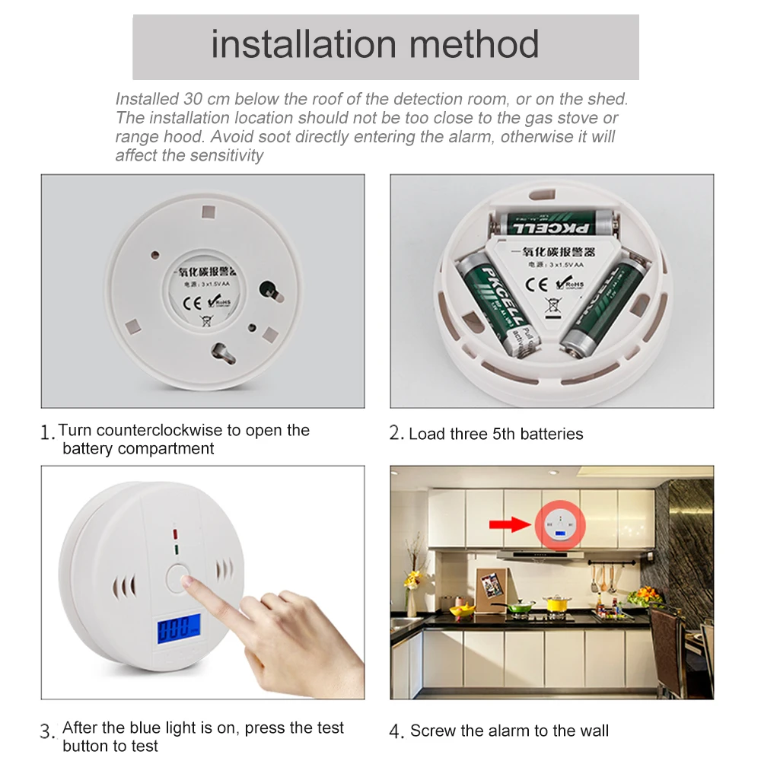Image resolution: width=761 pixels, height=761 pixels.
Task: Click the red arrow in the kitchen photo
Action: click(x=511, y=524)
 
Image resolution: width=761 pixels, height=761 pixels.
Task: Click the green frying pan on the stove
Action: click(x=521, y=607)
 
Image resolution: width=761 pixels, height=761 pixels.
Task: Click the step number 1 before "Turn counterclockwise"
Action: click(x=47, y=433)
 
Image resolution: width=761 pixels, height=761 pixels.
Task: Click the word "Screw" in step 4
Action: click(x=434, y=731)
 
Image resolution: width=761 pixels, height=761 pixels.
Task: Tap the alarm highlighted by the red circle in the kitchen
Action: click(x=559, y=526)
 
